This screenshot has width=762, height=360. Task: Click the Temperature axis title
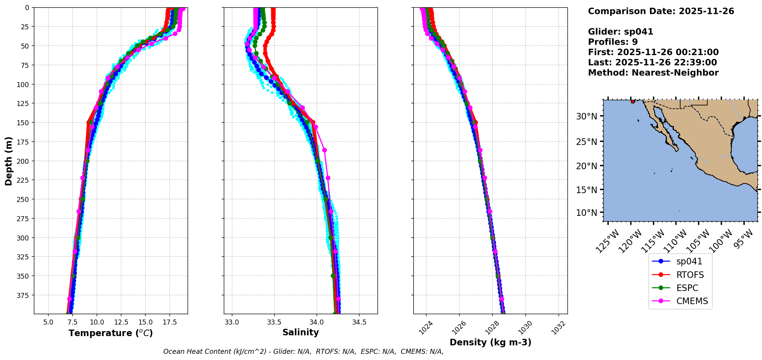tap(111, 333)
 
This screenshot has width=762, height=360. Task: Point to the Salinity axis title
tap(300, 332)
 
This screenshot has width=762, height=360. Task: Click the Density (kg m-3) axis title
tap(490, 342)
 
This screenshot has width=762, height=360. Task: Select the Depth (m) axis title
tap(8, 161)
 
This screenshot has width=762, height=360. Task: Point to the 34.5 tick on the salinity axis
tap(359, 322)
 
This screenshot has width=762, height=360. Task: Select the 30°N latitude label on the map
tap(586, 116)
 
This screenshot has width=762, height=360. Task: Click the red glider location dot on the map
tap(633, 101)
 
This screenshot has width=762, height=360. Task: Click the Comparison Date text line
tap(661, 11)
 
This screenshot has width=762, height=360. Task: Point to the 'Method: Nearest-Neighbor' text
tap(653, 73)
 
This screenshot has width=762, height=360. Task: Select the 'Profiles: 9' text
tap(613, 42)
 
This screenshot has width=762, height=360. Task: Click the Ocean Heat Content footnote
tap(303, 352)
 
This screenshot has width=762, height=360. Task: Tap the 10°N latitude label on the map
tap(586, 213)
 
